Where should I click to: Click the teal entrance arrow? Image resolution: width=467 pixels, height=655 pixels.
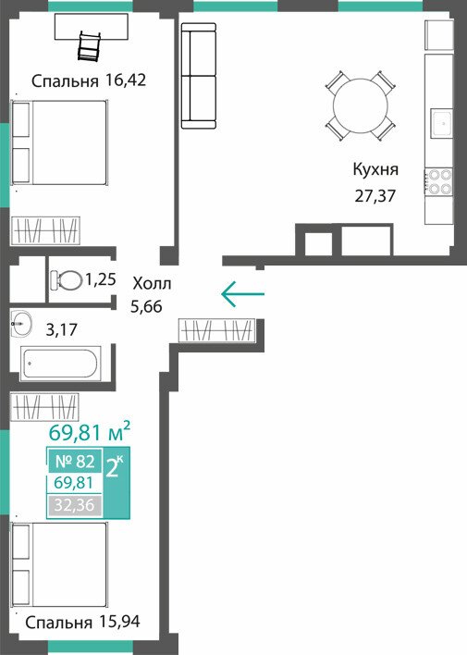(x=242, y=294)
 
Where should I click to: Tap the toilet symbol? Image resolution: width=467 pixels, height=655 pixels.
(x=66, y=280)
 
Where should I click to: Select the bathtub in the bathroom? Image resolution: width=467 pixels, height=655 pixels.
(x=60, y=364)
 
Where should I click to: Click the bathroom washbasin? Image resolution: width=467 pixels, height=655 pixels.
(x=21, y=323)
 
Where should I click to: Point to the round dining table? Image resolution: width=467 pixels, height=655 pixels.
(x=360, y=106)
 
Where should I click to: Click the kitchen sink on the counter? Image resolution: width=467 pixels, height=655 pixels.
(x=441, y=123)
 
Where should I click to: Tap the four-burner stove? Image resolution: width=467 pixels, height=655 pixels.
(x=438, y=182)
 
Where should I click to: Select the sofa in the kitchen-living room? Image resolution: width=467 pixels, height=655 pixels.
(x=199, y=76)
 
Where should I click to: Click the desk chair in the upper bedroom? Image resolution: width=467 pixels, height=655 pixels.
(x=90, y=45)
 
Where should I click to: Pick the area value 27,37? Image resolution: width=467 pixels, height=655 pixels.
(x=375, y=195)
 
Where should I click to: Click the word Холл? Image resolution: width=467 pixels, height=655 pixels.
(x=152, y=284)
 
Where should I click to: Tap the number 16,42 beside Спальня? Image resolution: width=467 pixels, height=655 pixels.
(x=126, y=80)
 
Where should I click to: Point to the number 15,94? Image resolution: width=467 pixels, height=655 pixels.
(x=120, y=622)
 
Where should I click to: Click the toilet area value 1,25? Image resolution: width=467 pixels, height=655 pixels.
(x=100, y=278)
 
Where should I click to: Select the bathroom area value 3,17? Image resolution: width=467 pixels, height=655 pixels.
(x=61, y=330)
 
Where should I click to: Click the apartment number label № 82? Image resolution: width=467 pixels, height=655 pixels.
(x=75, y=461)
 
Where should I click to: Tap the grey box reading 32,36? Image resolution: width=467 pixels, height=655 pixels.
(x=74, y=505)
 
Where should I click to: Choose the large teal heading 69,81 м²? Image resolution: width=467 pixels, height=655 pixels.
(x=90, y=432)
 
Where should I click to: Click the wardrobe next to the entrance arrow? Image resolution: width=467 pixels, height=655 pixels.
(x=216, y=331)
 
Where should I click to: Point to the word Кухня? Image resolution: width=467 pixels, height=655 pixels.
(x=375, y=169)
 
